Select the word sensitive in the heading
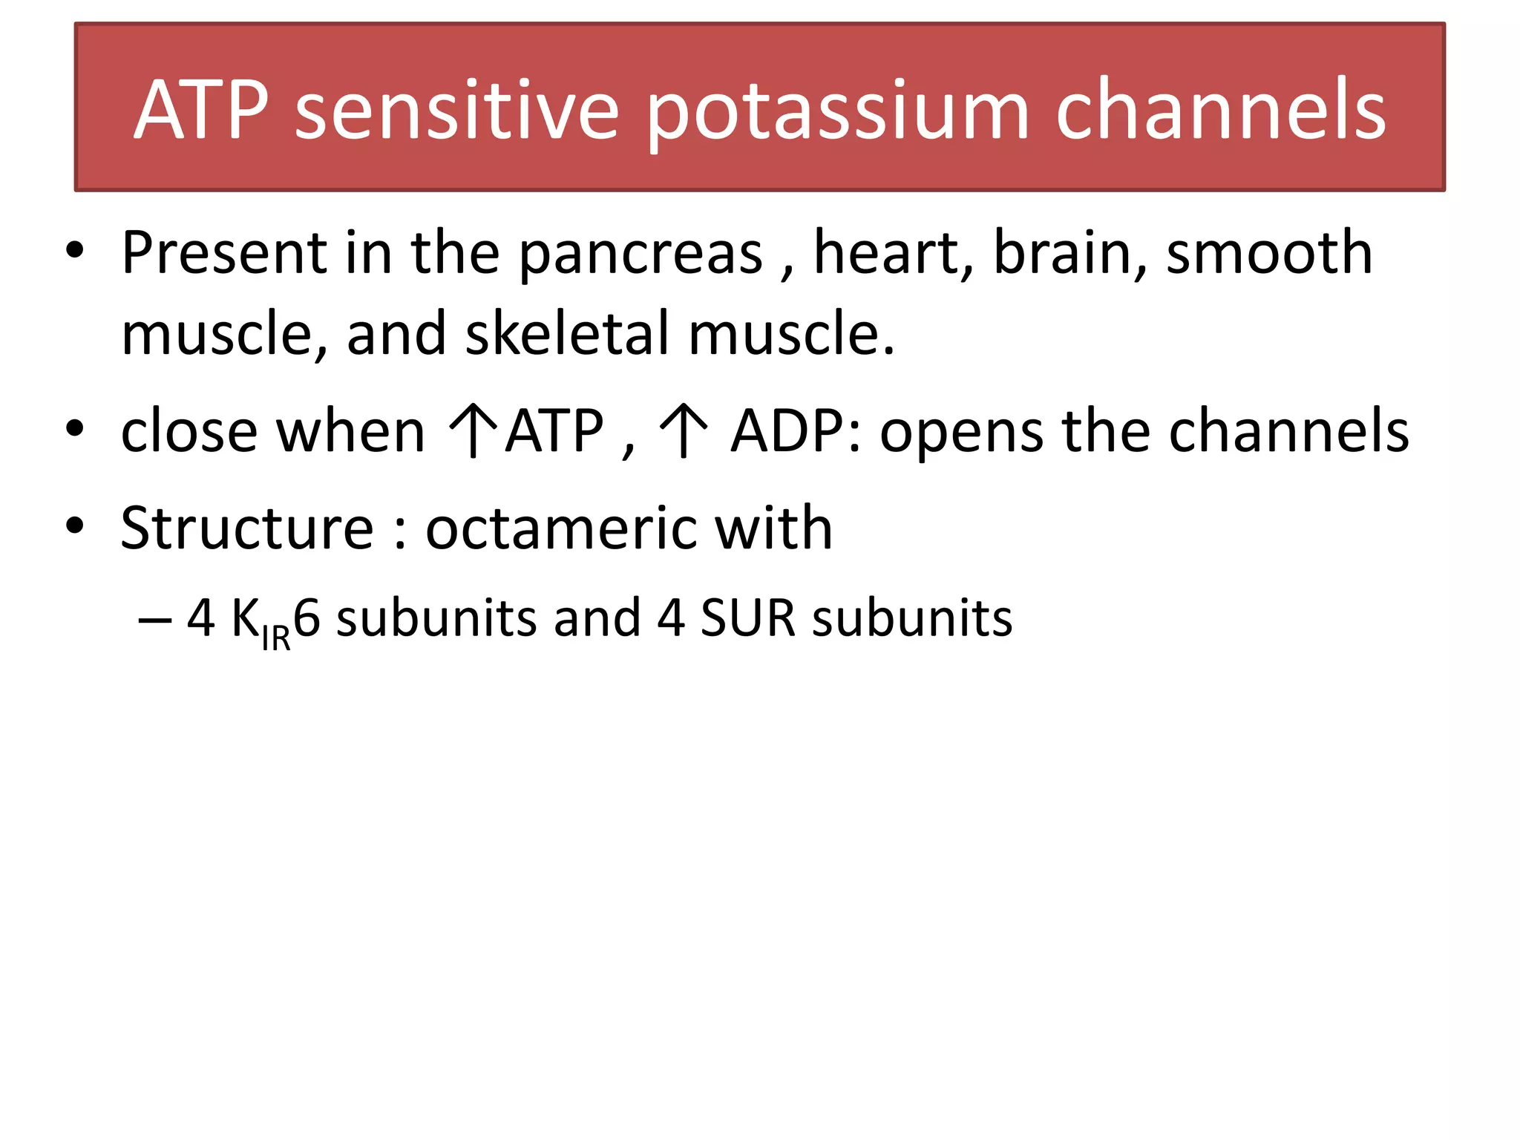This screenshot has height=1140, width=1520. click(x=456, y=111)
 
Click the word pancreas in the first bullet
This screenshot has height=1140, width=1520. click(x=641, y=255)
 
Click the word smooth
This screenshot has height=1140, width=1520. click(x=1269, y=253)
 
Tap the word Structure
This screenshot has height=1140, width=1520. click(x=247, y=528)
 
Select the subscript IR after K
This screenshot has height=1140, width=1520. click(x=276, y=638)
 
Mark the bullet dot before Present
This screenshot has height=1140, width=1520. click(x=75, y=251)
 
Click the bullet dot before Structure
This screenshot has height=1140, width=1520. click(x=75, y=525)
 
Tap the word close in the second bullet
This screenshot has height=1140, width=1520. click(x=189, y=432)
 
